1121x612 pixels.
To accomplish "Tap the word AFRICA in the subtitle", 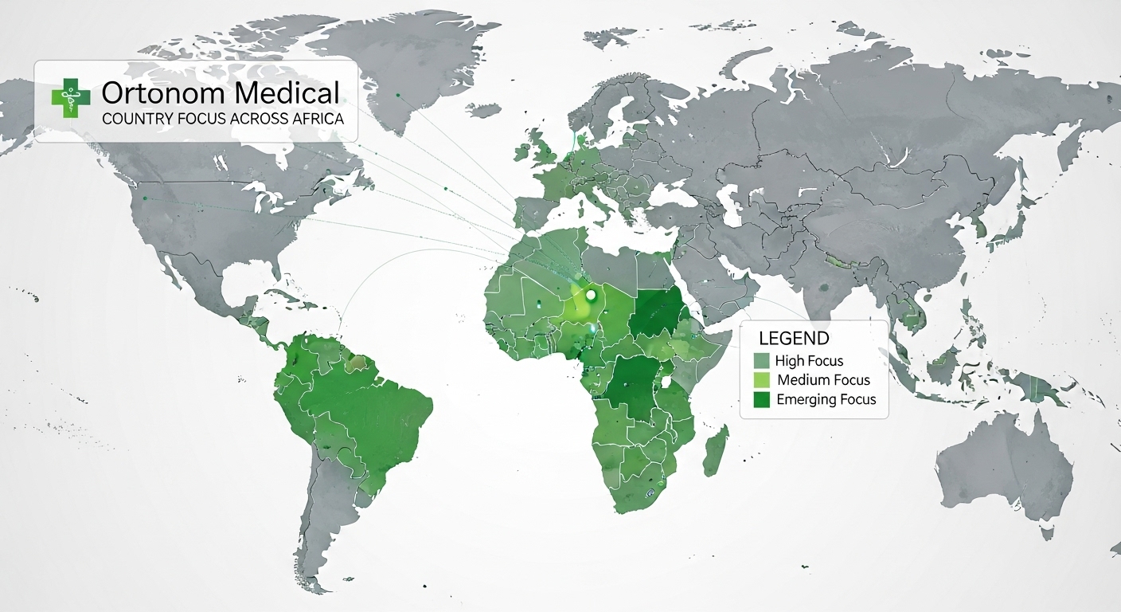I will point(317,119).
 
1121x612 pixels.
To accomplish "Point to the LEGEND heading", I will point(794,339).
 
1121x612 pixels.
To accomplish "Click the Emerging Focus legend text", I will point(826,399).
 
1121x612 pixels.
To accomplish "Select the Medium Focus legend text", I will point(823,380).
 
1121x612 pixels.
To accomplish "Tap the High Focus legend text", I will point(809,361).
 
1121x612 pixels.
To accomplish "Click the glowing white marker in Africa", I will point(591,296).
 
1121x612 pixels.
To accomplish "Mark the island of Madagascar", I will point(715,451).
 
